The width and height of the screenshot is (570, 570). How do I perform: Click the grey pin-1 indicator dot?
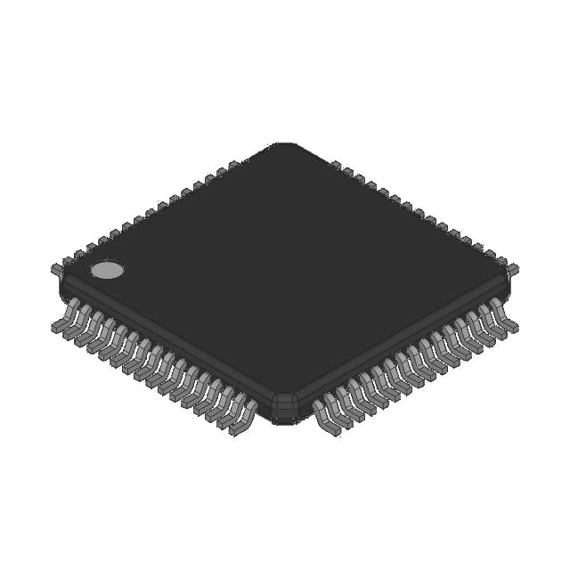(108, 270)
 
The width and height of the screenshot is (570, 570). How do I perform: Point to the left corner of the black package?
(62, 283)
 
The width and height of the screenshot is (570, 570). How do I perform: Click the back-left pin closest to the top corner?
(233, 165)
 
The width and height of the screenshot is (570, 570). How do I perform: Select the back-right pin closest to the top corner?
(337, 165)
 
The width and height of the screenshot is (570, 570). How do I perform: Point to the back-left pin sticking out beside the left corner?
(56, 267)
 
